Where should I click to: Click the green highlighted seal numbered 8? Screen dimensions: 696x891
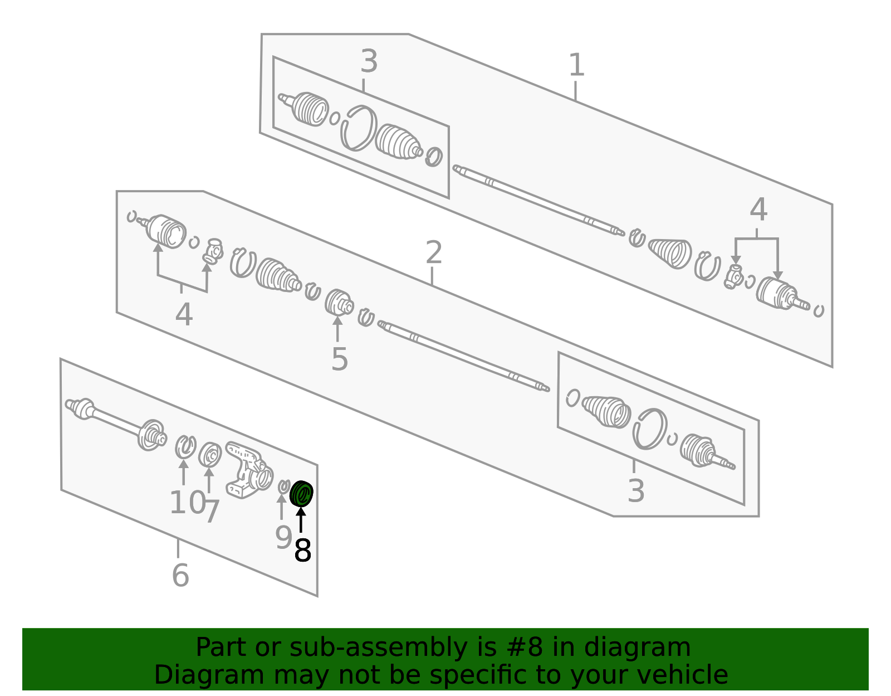pos(301,493)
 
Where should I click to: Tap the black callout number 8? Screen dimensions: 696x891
pos(302,551)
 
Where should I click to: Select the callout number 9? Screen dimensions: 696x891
pos(283,538)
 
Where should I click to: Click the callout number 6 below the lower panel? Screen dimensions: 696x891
pos(180,575)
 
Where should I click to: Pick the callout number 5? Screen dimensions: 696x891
pos(339,359)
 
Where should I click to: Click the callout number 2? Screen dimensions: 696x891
pos(433,253)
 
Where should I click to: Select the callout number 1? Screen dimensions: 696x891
pos(576,65)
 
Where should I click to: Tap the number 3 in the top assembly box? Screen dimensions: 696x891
pos(369,61)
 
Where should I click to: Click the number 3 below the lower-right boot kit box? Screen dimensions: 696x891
pos(635,491)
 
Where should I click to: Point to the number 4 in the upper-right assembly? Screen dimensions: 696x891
pos(758,211)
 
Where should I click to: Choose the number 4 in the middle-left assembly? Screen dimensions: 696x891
pos(183,315)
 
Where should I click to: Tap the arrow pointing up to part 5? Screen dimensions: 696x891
pos(337,329)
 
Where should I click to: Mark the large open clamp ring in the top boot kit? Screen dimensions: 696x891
pos(358,128)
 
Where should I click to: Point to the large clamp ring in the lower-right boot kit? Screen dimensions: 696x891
pos(650,429)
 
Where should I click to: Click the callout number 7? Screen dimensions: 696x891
pos(211,511)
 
